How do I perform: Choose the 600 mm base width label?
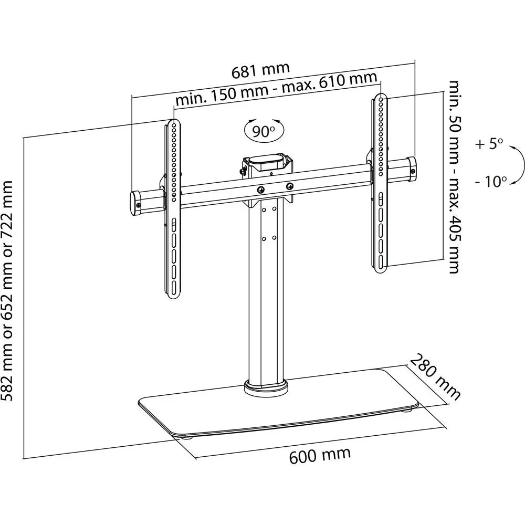tap(320, 455)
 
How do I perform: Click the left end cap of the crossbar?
tap(135, 202)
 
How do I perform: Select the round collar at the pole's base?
tap(266, 389)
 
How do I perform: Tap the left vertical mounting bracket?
tap(174, 210)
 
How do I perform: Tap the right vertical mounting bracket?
tap(380, 181)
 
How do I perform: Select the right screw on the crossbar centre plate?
tap(289, 186)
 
